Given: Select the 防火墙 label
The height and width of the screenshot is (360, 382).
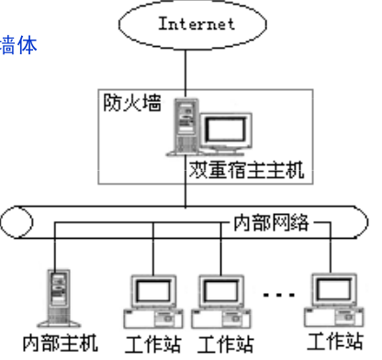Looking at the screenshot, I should coord(130,101).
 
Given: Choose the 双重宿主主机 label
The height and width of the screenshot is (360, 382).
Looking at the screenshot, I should coord(246,170).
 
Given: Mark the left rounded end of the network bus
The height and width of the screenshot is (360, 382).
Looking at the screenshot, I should coord(9,224).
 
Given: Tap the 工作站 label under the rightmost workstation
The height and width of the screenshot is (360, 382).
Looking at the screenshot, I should coord(336,342).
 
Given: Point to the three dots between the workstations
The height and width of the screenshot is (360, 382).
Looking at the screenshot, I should coord(278,297).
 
